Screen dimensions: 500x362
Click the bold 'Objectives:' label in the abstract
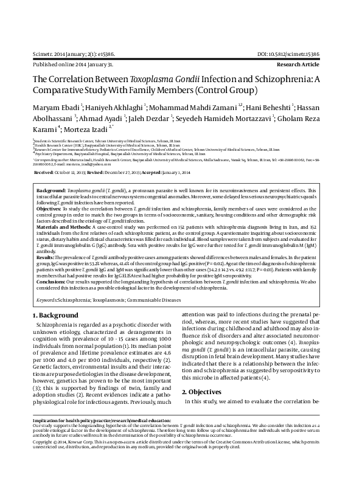[50, 208]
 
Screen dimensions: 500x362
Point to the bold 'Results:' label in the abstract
[46, 258]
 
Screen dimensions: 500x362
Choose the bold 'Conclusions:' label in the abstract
[52, 282]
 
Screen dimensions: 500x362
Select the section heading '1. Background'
[55, 315]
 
